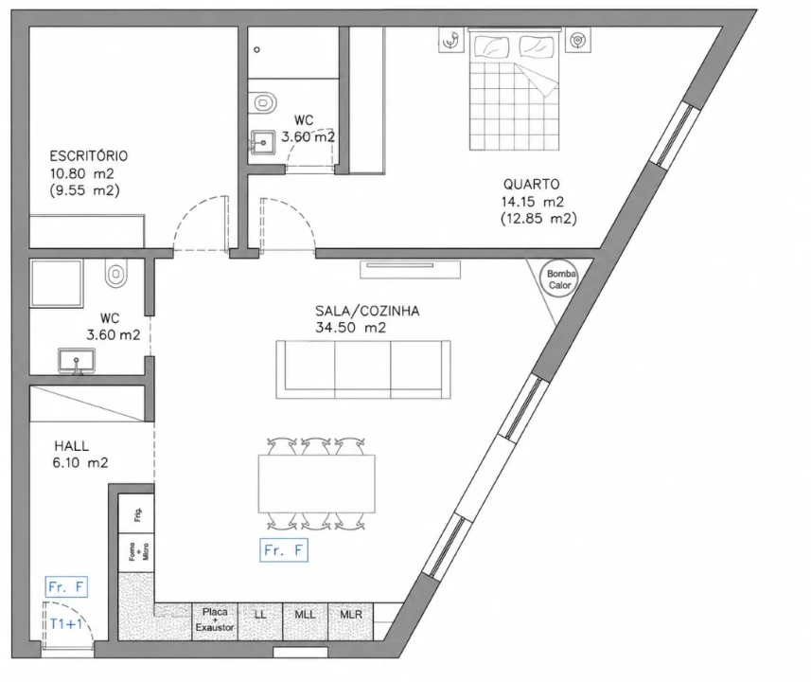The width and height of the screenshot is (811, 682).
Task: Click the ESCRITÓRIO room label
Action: click(88, 156)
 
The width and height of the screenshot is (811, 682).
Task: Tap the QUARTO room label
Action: click(531, 185)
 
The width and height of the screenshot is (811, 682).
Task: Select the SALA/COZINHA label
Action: click(367, 312)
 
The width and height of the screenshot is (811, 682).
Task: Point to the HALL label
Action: click(71, 446)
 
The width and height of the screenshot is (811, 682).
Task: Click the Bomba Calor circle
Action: click(560, 279)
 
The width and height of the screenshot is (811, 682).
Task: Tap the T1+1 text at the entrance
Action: click(66, 624)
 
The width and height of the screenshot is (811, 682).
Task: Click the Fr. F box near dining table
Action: click(284, 550)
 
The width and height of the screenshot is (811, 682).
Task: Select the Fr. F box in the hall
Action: click(66, 586)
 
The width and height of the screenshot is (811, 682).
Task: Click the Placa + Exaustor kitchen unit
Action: click(215, 621)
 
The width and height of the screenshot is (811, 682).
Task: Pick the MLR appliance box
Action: click(351, 621)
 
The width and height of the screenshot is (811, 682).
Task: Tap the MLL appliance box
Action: click(305, 621)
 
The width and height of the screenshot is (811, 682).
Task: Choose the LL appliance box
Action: click(260, 621)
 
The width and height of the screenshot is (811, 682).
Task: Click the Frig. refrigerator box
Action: click(136, 513)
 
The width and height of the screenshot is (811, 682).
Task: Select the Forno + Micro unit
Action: click(136, 552)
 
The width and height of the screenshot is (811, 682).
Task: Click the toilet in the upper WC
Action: click(262, 102)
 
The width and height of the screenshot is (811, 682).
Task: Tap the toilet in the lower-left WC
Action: click(115, 273)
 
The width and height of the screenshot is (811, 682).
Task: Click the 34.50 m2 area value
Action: click(351, 328)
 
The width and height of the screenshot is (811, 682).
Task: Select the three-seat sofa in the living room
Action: click(363, 369)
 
